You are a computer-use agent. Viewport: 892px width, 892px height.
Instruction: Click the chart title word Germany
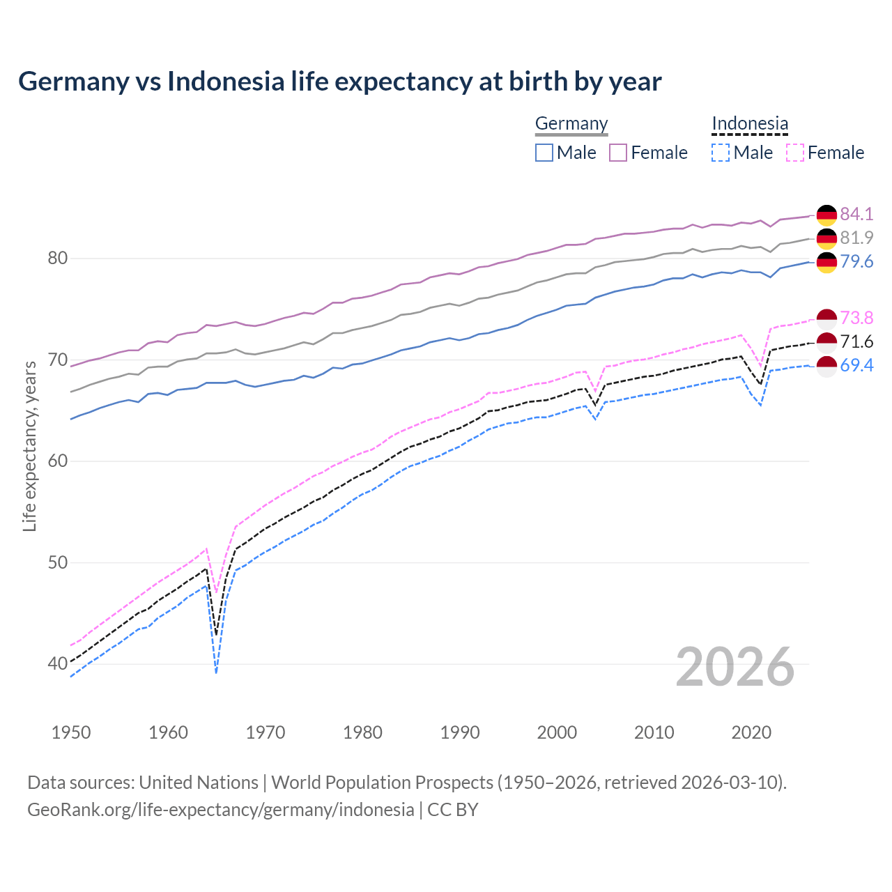pyautogui.click(x=73, y=82)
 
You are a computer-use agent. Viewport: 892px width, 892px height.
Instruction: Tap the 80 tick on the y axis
pyautogui.click(x=57, y=259)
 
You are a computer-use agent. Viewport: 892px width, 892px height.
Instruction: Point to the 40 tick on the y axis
pyautogui.click(x=57, y=663)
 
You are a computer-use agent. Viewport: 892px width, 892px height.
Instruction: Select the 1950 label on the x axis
pyautogui.click(x=71, y=732)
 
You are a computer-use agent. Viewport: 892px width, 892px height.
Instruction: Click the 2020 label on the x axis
pyautogui.click(x=751, y=732)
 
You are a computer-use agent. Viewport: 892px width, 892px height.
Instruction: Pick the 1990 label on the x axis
pyautogui.click(x=460, y=732)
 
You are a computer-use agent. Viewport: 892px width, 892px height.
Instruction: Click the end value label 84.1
pyautogui.click(x=856, y=214)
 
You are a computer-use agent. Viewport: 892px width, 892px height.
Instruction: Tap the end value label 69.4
pyautogui.click(x=856, y=365)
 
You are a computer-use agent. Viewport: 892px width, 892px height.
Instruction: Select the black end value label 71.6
pyautogui.click(x=856, y=341)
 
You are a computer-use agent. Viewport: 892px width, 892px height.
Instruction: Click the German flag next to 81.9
pyautogui.click(x=826, y=238)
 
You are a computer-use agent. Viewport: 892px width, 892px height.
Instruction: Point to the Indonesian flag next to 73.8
pyautogui.click(x=826, y=318)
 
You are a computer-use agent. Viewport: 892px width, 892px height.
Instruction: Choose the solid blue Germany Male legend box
pyautogui.click(x=544, y=153)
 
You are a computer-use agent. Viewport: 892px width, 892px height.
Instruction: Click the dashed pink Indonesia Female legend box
pyautogui.click(x=795, y=153)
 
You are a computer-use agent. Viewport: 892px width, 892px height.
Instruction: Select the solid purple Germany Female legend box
pyautogui.click(x=618, y=153)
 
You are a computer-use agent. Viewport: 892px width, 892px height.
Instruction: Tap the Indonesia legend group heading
pyautogui.click(x=750, y=123)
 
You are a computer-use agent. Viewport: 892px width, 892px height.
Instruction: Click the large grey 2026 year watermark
pyautogui.click(x=735, y=667)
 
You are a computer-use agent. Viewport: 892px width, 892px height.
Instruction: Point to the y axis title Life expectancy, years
pyautogui.click(x=29, y=446)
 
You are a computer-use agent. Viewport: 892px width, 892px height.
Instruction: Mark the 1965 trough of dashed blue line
pyautogui.click(x=217, y=672)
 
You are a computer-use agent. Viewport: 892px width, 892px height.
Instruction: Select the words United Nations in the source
pyautogui.click(x=199, y=783)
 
